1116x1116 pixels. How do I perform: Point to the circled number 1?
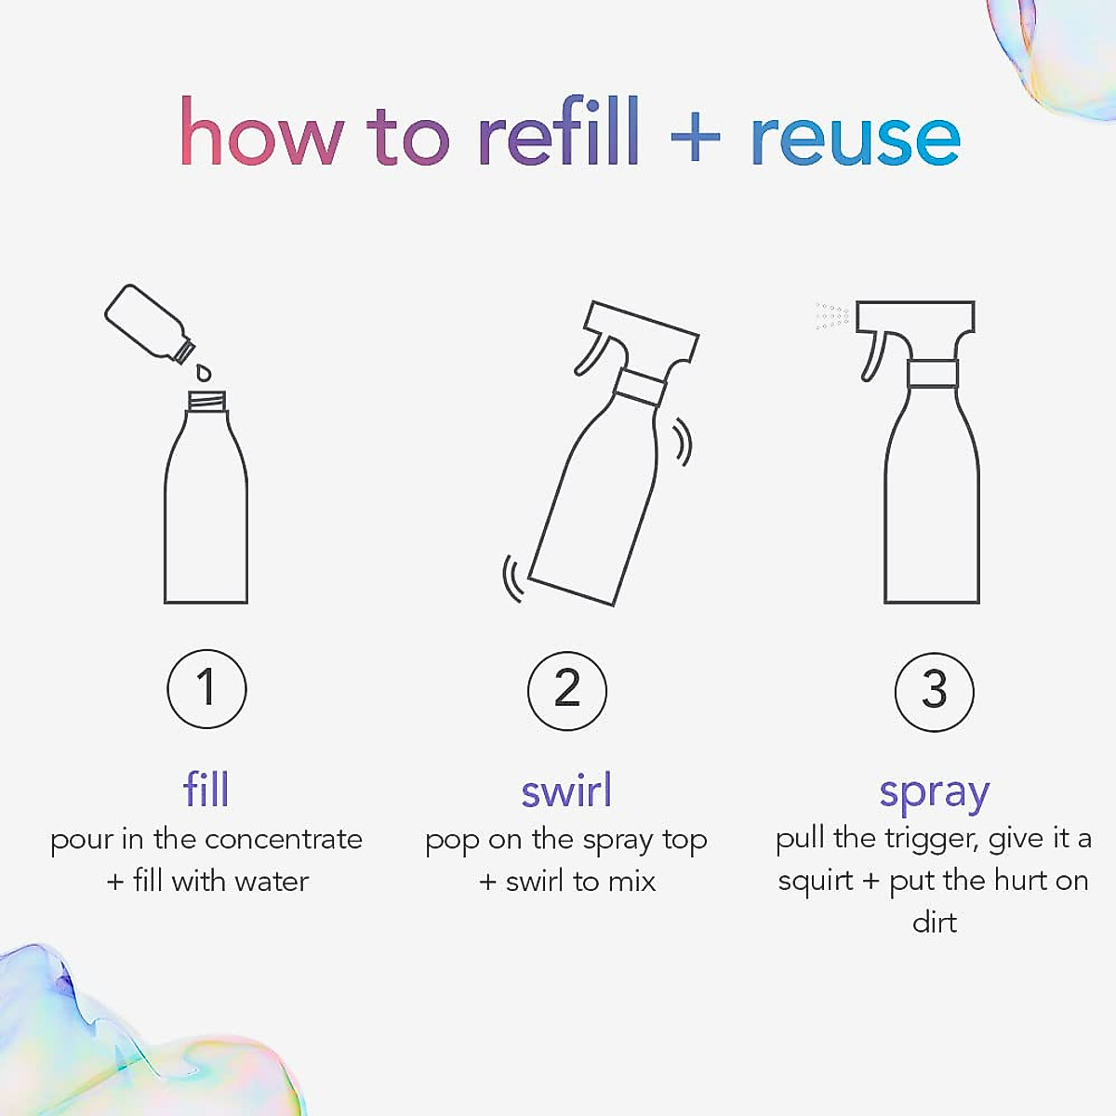[206, 689]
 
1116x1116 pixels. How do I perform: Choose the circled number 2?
[566, 690]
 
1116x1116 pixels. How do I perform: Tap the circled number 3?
[934, 691]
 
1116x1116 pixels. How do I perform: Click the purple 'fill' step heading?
[206, 790]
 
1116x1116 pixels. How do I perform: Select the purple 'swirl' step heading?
[566, 791]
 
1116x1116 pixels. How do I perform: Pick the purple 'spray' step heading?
[934, 793]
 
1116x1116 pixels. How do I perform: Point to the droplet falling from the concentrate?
[204, 373]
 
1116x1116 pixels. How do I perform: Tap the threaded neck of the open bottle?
[206, 402]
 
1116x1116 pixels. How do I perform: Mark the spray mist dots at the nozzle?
[832, 316]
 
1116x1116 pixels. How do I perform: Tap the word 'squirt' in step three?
[815, 882]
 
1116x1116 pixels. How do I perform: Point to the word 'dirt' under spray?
[934, 923]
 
